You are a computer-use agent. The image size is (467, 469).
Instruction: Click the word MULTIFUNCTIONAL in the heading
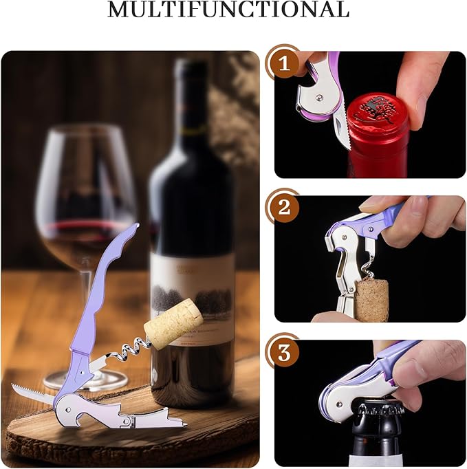(x=228, y=10)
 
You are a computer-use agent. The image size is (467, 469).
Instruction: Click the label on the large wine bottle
(x=193, y=289)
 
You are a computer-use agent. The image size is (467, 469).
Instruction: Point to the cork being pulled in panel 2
(x=371, y=299)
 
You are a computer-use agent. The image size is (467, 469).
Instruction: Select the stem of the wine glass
(x=85, y=303)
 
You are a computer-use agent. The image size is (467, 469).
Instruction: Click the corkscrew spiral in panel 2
(x=369, y=265)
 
